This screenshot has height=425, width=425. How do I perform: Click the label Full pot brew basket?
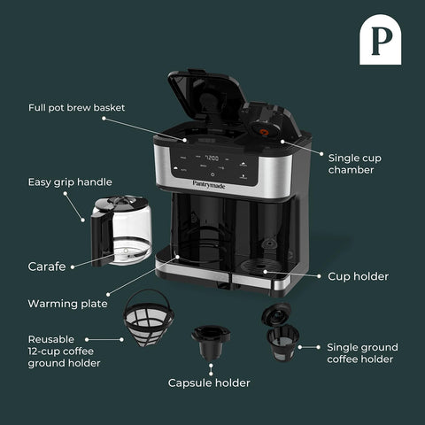pyautogui.click(x=76, y=107)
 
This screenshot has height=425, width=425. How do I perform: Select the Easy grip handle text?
pyautogui.click(x=70, y=182)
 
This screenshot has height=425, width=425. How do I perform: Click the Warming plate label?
pyautogui.click(x=67, y=303)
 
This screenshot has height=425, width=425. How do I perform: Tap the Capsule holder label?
pyautogui.click(x=209, y=382)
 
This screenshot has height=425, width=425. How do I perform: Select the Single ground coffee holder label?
pyautogui.click(x=362, y=352)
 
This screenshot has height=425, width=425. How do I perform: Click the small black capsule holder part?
pyautogui.click(x=210, y=340)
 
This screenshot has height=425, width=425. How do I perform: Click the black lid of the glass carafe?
pyautogui.click(x=124, y=204)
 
